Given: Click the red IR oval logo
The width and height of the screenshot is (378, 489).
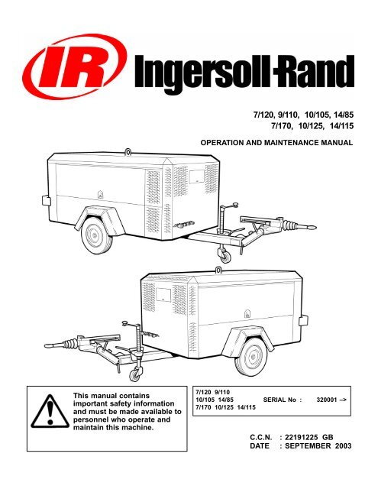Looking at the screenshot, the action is [74, 66].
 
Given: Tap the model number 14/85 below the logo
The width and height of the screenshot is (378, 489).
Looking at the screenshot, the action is [344, 115].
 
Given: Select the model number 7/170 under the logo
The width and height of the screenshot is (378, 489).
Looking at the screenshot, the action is [281, 126].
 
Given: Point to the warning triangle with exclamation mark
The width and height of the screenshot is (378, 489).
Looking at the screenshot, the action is [50, 412].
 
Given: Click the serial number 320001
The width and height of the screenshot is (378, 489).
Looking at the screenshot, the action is [327, 400].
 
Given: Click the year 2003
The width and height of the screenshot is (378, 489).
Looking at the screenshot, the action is [343, 446].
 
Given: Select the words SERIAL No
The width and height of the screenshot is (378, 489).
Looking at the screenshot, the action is [279, 400].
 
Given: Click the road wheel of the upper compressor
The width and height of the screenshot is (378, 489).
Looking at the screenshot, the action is [97, 235].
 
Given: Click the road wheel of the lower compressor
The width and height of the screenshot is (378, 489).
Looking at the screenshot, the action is [251, 357].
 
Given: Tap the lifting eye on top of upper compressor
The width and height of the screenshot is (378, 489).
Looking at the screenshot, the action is [128, 152].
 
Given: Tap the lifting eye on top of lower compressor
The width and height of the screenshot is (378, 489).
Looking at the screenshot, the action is [218, 269].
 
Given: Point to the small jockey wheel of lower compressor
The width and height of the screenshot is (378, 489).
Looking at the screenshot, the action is [135, 374].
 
